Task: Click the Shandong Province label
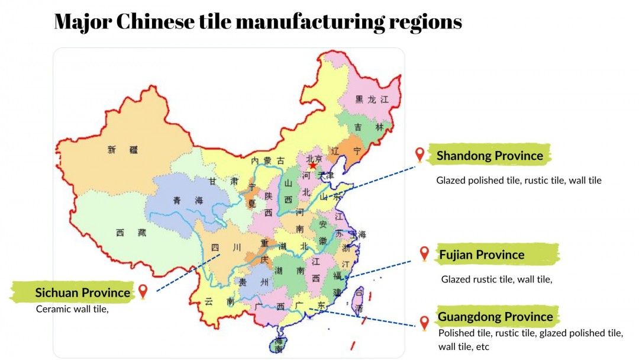point(489,156)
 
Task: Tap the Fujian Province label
point(482,255)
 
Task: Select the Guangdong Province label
point(495,317)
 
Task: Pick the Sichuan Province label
point(82,292)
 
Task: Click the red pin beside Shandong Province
point(420,155)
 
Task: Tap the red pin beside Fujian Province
point(424,253)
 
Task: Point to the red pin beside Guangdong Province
point(424,323)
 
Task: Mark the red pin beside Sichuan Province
point(143,291)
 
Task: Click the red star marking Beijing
point(312,165)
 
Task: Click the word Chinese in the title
point(155,22)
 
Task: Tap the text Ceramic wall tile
point(72,308)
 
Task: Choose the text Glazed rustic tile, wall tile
point(496,279)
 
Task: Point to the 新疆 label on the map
point(122,150)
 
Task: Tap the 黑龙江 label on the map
point(371,99)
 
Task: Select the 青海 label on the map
point(188,201)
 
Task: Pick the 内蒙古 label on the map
point(267,161)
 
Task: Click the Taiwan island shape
point(359,300)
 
